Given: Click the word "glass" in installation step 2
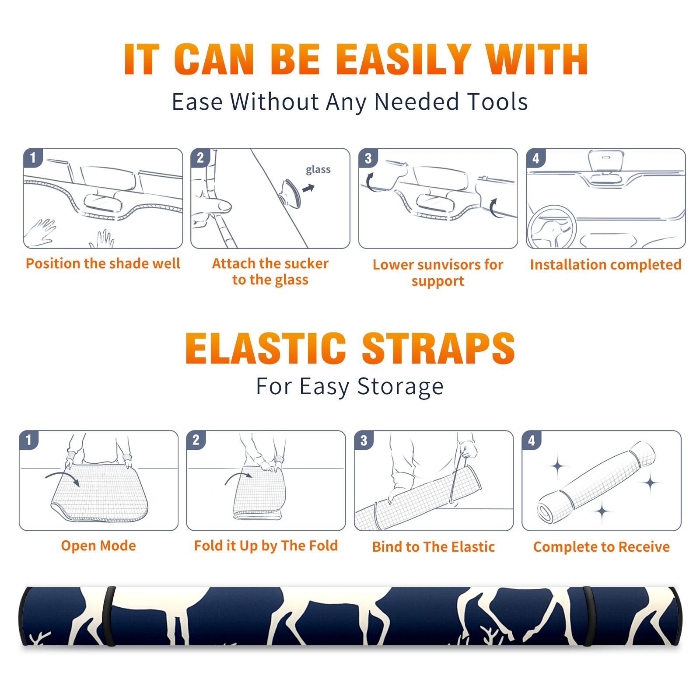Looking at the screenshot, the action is pos(318,170).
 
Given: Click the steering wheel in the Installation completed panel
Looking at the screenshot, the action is pos(552,227).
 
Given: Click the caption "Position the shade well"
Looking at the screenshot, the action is pos(103,263).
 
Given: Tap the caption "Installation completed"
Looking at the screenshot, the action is pos(605,265).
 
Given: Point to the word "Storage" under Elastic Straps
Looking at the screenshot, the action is pos(400,387).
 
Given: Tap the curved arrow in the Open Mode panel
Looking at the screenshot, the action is pos(63,477).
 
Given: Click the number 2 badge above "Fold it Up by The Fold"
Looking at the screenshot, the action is pos(196,440).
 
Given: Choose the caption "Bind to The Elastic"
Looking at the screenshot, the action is pos(434,547).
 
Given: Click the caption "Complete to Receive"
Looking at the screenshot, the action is pos(602,547).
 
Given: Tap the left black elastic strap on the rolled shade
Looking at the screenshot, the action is pos(109,616).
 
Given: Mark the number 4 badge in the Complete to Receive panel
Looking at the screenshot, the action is pos(532,440).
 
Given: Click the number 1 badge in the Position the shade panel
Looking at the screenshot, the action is pos(33,158).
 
